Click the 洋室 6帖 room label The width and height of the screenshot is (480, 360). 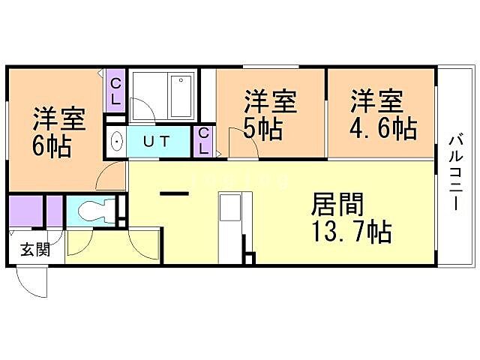click(x=57, y=132)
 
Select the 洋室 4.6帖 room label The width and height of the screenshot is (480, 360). click(x=380, y=115)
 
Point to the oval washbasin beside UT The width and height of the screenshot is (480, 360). click(x=116, y=141)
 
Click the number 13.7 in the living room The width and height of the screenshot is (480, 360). click(x=330, y=232)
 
